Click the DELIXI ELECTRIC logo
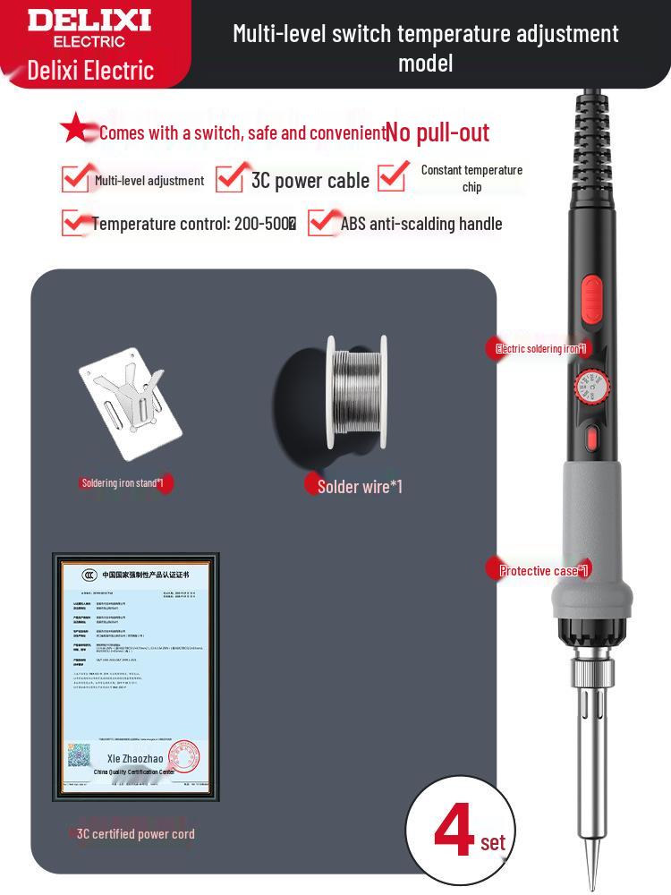click(89, 27)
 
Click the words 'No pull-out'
click(437, 132)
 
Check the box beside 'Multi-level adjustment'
click(74, 179)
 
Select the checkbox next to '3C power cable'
click(230, 177)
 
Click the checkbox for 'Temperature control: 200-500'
click(74, 223)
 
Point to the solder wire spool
click(356, 394)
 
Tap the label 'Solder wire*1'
click(360, 486)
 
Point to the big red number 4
click(454, 831)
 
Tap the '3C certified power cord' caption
click(135, 834)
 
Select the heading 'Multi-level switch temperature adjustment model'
click(426, 47)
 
